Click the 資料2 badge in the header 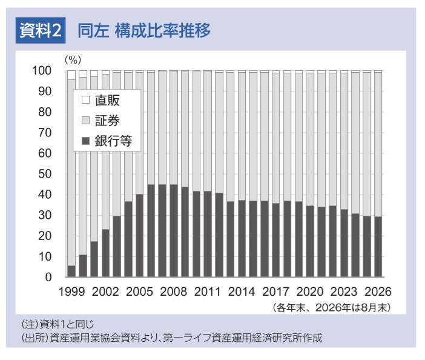[x=41, y=30]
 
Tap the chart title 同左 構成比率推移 [x=144, y=30]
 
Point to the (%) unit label [x=73, y=59]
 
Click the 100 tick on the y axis [x=42, y=70]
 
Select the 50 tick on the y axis [x=45, y=174]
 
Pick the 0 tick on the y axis [x=48, y=277]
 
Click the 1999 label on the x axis [x=72, y=292]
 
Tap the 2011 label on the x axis [x=207, y=292]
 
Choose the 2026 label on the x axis [x=378, y=292]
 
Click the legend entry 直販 [x=100, y=100]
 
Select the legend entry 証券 [x=100, y=121]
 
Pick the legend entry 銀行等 [x=107, y=141]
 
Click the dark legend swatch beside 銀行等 [x=85, y=141]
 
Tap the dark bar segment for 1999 [x=71, y=272]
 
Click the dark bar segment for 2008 [x=174, y=230]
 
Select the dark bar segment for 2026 [x=378, y=247]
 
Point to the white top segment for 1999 [x=71, y=75]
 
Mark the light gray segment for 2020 [x=310, y=139]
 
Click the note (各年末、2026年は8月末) [x=332, y=308]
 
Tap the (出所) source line [x=172, y=338]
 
